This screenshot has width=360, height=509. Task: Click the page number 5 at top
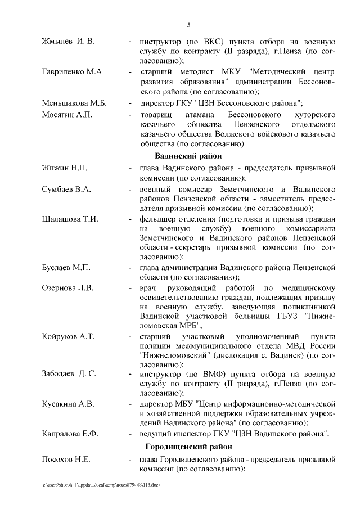coord(189,25)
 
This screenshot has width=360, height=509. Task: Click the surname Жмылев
coord(60,42)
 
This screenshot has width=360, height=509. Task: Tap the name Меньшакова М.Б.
coord(74,103)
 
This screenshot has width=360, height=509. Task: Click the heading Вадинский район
coord(188,156)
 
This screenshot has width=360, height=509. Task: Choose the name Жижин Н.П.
coord(64,168)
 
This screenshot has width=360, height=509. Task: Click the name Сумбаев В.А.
coord(66,188)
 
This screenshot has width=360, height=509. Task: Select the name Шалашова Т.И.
coord(70,219)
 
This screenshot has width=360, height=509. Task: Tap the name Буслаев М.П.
coord(66,266)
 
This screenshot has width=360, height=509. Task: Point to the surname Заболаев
coord(61,373)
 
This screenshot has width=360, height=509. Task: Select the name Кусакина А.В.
coord(68,403)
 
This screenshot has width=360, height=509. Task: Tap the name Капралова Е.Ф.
coord(70,434)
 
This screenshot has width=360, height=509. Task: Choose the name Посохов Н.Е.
coord(66,460)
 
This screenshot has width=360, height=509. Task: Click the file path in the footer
coord(101,484)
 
